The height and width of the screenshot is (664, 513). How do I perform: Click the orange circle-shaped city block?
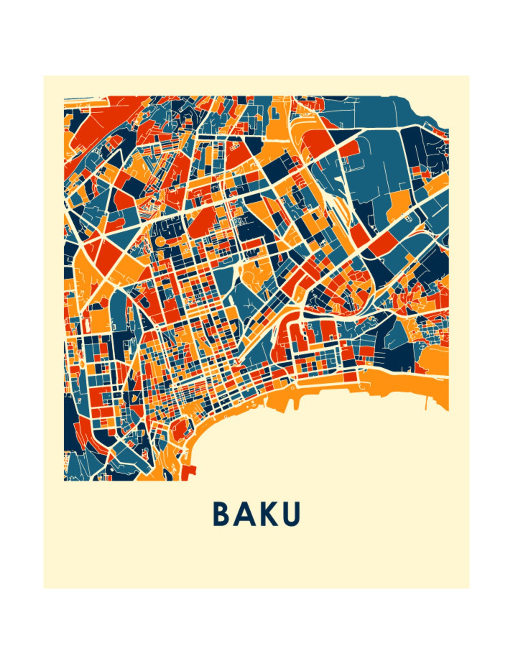point(161,241)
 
